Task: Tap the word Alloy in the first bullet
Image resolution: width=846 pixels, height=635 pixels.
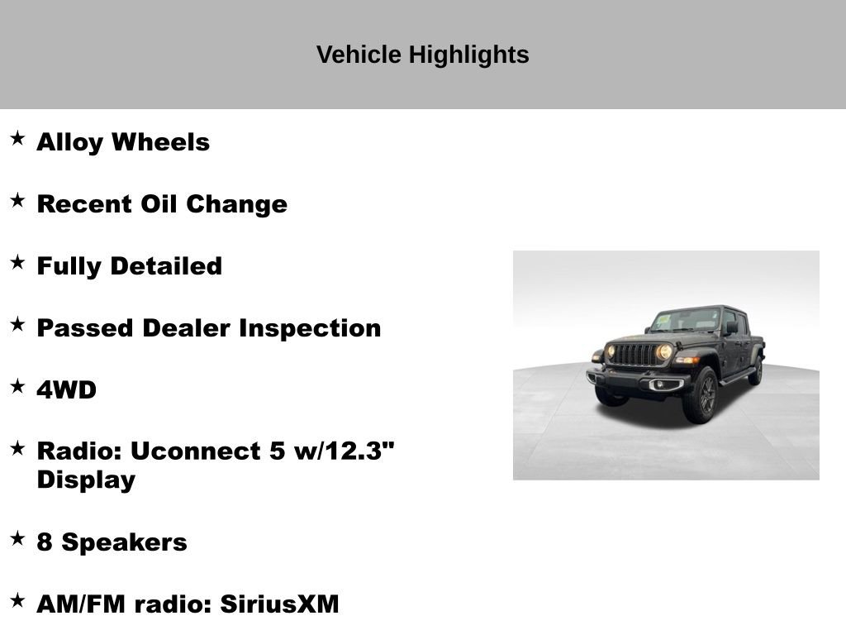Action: [x=69, y=142]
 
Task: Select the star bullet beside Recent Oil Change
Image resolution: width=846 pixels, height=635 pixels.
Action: [x=17, y=200]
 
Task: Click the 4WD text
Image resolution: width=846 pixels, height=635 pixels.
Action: [x=66, y=390]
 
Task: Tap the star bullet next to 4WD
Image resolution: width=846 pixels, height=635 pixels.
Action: [x=17, y=386]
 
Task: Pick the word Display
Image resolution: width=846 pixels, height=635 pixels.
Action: [x=86, y=480]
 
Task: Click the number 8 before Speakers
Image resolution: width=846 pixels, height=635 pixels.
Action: [x=45, y=542]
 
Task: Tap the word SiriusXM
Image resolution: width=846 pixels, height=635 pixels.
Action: [x=279, y=604]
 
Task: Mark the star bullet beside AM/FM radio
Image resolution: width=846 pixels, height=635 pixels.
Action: [x=17, y=600]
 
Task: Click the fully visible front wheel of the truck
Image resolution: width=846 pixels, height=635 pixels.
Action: [x=701, y=395]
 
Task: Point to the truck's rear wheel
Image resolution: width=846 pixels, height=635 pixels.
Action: [x=755, y=372]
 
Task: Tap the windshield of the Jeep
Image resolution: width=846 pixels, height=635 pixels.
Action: [x=687, y=320]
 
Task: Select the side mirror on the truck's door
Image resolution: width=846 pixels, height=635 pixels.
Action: [x=731, y=327]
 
